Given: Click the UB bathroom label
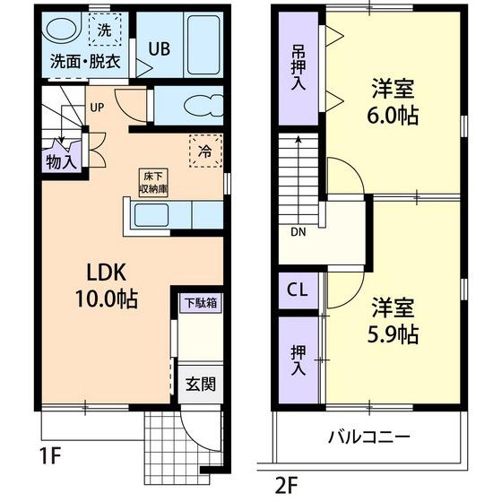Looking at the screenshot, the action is click(x=159, y=49).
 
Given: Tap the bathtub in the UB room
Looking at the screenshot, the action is click(x=203, y=45).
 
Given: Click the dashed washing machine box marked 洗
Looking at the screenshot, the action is click(x=105, y=30).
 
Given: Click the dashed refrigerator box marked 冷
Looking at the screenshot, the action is click(x=205, y=151).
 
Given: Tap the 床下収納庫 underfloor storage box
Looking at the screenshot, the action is click(x=153, y=183).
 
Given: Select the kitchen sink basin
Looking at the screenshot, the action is click(x=151, y=215).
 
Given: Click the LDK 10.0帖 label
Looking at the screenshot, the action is click(x=107, y=286).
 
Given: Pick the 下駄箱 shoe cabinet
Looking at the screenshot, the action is click(x=201, y=303).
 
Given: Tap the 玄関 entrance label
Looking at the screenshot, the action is click(x=201, y=385).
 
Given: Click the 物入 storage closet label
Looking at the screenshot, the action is click(x=62, y=162).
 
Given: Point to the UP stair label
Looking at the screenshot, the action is click(x=97, y=108).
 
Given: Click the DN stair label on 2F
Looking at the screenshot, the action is click(x=298, y=232).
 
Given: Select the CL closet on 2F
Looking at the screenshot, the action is click(x=298, y=290).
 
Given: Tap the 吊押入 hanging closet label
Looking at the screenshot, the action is click(x=298, y=67).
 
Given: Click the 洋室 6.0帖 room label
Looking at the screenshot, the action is click(x=393, y=101).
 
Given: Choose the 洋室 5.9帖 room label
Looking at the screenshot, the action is click(x=393, y=321).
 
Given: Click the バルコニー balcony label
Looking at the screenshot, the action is click(x=369, y=437).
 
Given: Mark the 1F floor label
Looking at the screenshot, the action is click(x=50, y=456).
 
